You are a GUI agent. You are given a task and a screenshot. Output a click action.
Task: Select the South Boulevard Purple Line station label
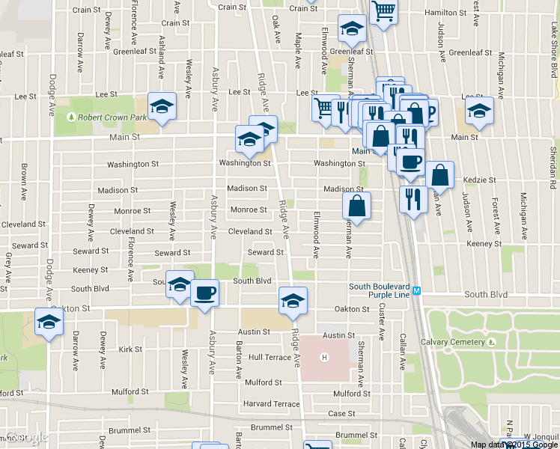(x=380, y=291)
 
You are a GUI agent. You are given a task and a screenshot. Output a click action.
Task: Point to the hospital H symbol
(x=325, y=356)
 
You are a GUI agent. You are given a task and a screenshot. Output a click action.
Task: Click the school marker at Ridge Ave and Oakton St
(x=293, y=301)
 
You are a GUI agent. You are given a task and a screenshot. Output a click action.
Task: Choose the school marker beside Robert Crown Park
(x=162, y=106)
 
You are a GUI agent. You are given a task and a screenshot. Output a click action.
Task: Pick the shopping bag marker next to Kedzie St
(x=439, y=175)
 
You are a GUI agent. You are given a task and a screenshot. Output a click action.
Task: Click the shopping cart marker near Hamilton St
(x=383, y=12)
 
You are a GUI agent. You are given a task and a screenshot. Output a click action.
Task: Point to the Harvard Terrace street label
(x=271, y=404)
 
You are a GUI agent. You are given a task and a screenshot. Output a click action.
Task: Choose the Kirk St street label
(x=130, y=349)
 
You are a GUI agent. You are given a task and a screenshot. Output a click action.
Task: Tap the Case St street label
(x=341, y=413)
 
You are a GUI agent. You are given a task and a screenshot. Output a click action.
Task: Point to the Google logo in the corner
(x=27, y=437)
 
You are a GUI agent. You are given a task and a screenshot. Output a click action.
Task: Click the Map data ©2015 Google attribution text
(x=514, y=444)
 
